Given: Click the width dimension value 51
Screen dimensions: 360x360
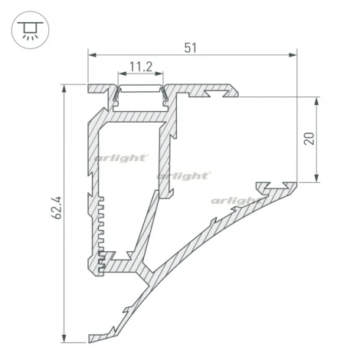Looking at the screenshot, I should [x=191, y=47].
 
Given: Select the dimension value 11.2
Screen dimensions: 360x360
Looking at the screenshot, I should [x=141, y=67].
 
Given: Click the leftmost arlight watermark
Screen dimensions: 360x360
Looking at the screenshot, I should [x=120, y=158].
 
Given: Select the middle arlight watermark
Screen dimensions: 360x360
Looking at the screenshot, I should [x=185, y=175].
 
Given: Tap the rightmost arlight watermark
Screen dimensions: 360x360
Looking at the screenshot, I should [x=237, y=201].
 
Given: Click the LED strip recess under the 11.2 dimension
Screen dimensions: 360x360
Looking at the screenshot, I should [x=141, y=94].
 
